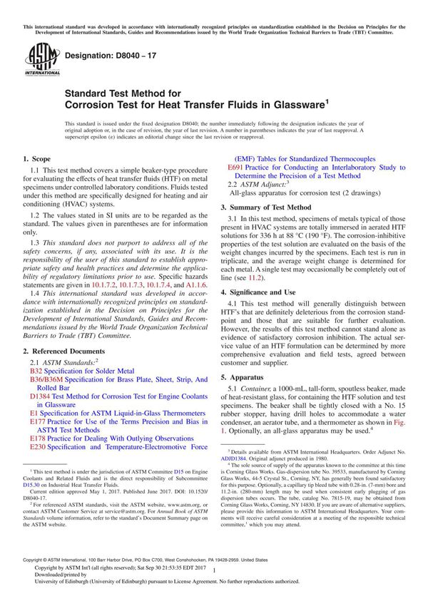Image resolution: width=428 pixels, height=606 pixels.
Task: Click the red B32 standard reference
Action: point(36,371)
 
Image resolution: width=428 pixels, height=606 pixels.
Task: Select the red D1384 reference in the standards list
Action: point(40,394)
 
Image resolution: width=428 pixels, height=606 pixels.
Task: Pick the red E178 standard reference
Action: point(38,438)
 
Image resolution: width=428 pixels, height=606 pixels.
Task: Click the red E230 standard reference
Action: point(38,447)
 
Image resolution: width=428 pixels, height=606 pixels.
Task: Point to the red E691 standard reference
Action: point(235,166)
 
